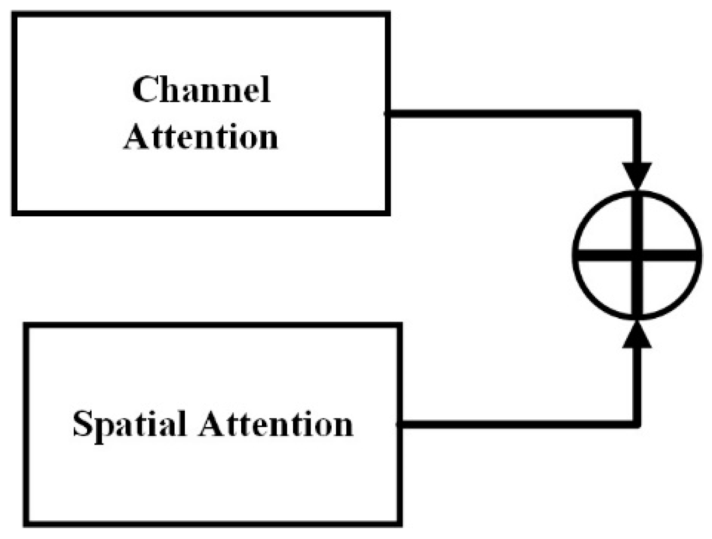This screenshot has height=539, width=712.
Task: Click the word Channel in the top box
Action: [x=201, y=90]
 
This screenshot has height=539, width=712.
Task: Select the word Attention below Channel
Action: [x=201, y=136]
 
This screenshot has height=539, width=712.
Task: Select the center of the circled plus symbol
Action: [x=636, y=255]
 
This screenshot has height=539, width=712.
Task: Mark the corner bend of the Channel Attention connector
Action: [x=636, y=114]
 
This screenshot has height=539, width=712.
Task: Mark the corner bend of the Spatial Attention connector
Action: [x=636, y=423]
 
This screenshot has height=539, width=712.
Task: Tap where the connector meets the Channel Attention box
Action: [x=387, y=114]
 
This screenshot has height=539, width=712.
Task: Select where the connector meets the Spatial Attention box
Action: [x=399, y=423]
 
